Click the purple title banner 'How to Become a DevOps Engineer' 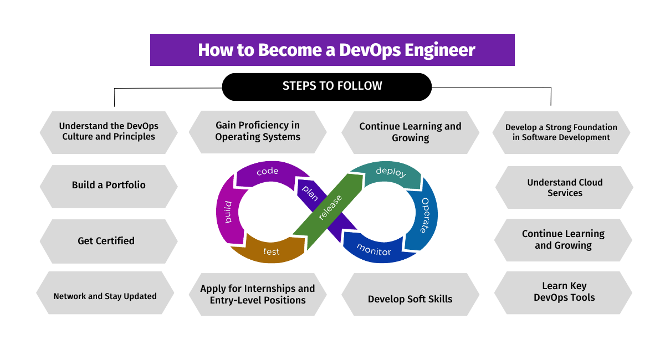point(332,50)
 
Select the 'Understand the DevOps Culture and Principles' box point(109,132)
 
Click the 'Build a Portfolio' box point(109,186)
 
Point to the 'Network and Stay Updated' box point(105,296)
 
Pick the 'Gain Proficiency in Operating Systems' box point(258,132)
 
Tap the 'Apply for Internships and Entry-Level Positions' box point(258,295)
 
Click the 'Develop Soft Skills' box point(410,299)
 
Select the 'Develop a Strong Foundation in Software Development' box point(561,132)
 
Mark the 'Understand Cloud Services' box point(564,188)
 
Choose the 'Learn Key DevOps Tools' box point(564,292)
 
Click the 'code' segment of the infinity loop point(267,172)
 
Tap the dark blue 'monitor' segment point(374,249)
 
